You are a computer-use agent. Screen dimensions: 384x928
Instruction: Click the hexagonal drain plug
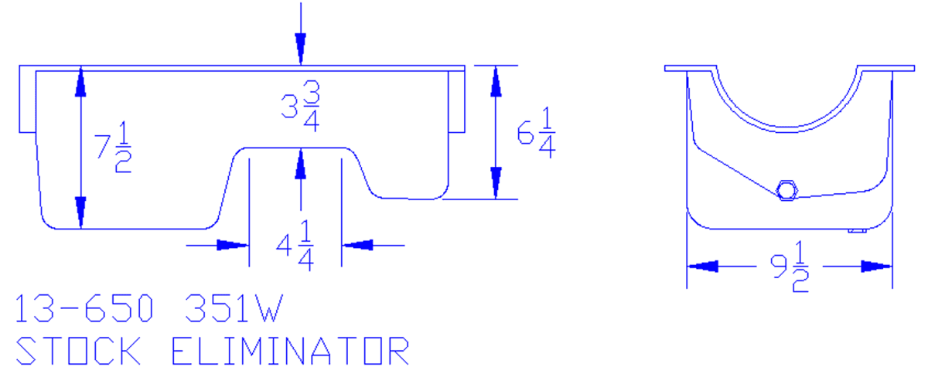click(x=786, y=189)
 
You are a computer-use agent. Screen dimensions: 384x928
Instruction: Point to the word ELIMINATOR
click(x=289, y=351)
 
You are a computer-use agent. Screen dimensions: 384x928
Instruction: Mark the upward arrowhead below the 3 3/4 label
click(x=300, y=163)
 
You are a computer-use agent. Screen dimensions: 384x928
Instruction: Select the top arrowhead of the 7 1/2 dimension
click(x=80, y=82)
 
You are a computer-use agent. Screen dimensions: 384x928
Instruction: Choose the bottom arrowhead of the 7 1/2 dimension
click(x=80, y=212)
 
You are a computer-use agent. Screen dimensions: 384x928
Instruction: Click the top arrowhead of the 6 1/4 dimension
click(x=496, y=81)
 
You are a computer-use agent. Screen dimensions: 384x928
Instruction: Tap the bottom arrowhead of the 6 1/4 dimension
click(x=496, y=183)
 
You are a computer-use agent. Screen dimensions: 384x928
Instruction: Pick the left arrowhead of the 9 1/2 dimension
click(x=702, y=267)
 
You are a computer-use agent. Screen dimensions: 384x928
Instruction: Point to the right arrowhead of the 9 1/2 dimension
click(x=877, y=267)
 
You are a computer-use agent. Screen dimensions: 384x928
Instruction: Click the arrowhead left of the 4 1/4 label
click(x=232, y=246)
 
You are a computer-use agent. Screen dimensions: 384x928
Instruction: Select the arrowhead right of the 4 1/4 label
click(x=358, y=246)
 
